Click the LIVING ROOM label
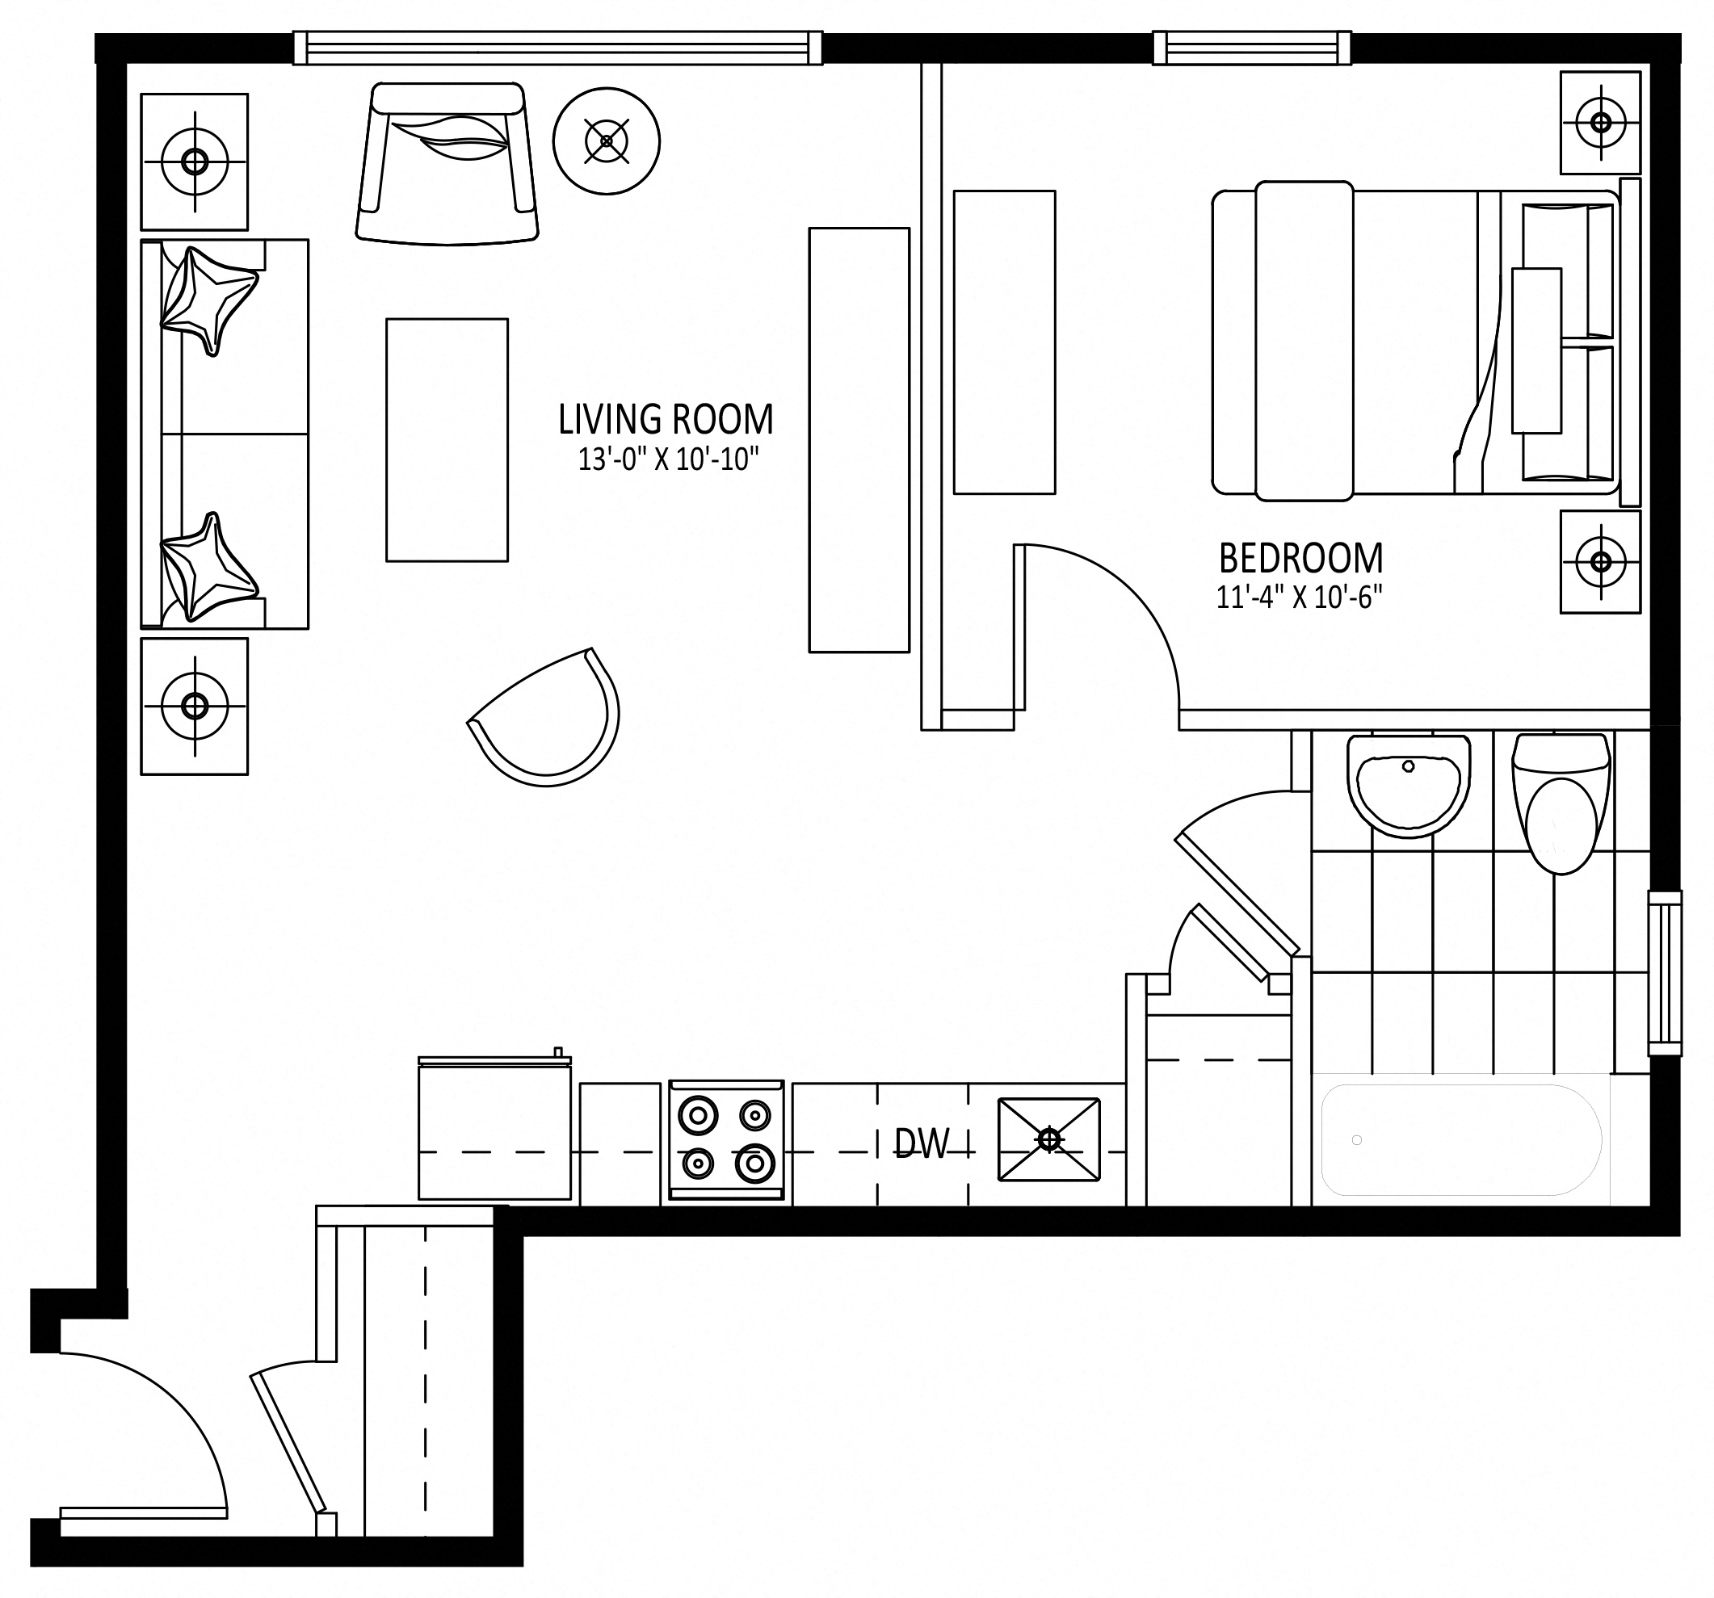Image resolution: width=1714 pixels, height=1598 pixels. (666, 419)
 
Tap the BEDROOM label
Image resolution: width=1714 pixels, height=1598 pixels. (1300, 559)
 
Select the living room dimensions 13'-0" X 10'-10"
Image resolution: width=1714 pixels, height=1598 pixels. (667, 459)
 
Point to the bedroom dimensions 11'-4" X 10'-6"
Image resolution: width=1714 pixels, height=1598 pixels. (1300, 597)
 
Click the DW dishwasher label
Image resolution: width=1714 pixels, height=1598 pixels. (922, 1143)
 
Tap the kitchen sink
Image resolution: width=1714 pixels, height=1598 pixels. (1048, 1139)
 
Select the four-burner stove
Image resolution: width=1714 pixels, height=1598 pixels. (726, 1139)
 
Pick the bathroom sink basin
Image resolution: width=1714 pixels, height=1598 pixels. (1408, 785)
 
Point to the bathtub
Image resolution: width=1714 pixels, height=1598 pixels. (1460, 1139)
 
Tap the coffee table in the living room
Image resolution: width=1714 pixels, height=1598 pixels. (447, 439)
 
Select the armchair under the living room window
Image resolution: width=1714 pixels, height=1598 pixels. (447, 163)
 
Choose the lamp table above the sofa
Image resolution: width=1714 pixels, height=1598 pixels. (195, 162)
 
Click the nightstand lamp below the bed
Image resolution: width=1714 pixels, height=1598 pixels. (1600, 562)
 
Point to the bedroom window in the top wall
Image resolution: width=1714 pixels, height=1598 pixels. (1252, 48)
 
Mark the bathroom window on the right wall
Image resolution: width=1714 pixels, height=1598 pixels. (1665, 973)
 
